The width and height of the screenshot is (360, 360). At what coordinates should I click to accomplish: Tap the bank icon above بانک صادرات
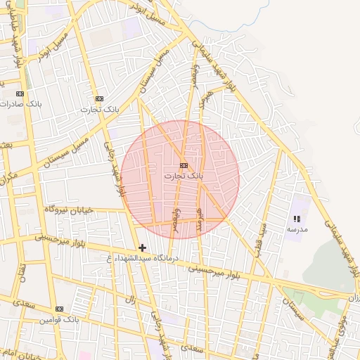point(20,94)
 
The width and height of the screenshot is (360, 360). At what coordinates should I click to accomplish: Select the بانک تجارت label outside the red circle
point(101,109)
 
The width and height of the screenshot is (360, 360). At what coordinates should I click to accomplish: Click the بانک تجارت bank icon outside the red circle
point(99,99)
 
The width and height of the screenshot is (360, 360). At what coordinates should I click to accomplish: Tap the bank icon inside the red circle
point(184,165)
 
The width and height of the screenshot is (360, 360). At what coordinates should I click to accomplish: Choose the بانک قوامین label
point(61,319)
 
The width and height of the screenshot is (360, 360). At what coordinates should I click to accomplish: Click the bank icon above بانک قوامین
point(59,309)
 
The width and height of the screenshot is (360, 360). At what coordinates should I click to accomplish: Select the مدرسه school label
point(296,229)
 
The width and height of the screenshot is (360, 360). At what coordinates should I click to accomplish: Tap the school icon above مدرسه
point(296,219)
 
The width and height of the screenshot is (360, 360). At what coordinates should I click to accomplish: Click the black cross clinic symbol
point(143,247)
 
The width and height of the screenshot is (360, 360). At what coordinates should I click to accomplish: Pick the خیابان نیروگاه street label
point(67,210)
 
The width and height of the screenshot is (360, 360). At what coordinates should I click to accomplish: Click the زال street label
point(130,300)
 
